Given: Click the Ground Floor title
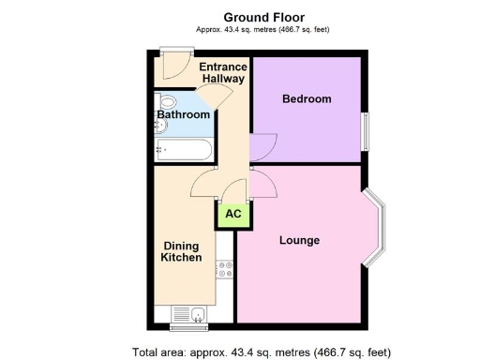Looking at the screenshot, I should tap(262, 16).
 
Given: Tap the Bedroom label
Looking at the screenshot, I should tap(307, 98).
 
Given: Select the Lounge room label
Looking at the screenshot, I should tap(299, 240).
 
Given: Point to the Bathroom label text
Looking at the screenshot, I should tap(184, 114).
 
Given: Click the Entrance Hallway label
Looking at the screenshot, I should tap(222, 73).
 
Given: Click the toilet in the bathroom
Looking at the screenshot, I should tap(165, 101).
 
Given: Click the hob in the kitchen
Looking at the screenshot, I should tap(225, 271).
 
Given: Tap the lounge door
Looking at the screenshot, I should tap(263, 184).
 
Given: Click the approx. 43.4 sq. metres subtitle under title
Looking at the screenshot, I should tap(262, 30).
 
